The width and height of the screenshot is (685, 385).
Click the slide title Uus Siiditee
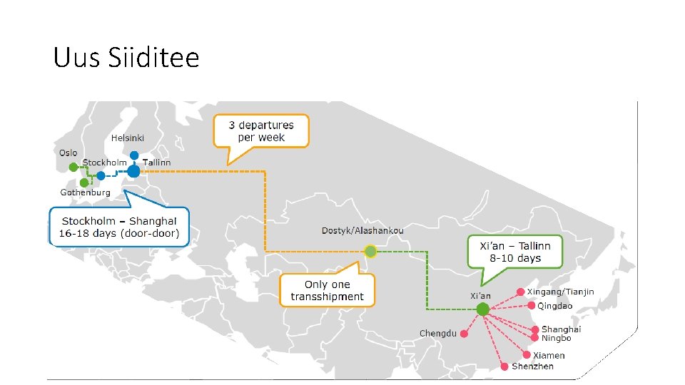[126, 57]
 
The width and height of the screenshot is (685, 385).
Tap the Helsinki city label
[127, 138]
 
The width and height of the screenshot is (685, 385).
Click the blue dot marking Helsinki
[134, 155]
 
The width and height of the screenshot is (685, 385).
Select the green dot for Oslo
[72, 167]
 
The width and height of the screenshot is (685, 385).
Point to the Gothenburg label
[85, 192]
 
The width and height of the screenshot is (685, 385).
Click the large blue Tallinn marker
[133, 171]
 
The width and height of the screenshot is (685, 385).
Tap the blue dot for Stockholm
[101, 175]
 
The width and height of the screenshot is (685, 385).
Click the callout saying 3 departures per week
[261, 131]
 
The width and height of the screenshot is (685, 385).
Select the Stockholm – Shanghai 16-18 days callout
[120, 227]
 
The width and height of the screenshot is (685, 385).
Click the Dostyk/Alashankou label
[362, 230]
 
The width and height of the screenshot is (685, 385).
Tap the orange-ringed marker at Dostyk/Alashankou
[370, 251]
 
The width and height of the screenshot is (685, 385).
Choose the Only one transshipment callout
[327, 290]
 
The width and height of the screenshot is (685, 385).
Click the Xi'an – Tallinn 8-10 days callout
[514, 251]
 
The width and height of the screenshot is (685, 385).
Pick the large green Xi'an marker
[482, 309]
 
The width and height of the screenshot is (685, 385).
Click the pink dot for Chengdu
[464, 333]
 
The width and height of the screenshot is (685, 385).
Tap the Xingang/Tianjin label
[560, 292]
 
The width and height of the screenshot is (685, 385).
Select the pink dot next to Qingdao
[531, 305]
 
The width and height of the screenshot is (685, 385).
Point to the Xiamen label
[549, 355]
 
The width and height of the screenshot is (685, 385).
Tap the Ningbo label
[556, 338]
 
